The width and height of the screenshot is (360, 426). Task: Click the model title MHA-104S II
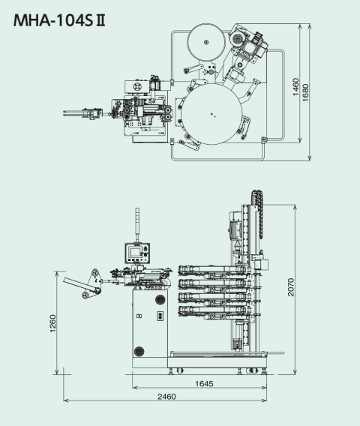pyautogui.click(x=59, y=21)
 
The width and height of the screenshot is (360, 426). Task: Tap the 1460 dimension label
pyautogui.click(x=296, y=87)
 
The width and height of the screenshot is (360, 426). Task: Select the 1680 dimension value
pyautogui.click(x=306, y=93)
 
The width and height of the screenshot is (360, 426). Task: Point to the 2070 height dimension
pyautogui.click(x=291, y=287)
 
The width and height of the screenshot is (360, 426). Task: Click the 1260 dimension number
pyautogui.click(x=52, y=323)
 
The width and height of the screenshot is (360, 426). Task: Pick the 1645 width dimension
pyautogui.click(x=204, y=383)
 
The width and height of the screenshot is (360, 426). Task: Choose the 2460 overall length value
pyautogui.click(x=166, y=397)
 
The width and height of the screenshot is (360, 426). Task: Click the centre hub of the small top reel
pyautogui.click(x=206, y=42)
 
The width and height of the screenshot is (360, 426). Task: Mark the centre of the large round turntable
pyautogui.click(x=211, y=114)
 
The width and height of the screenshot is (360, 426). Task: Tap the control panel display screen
pyautogui.click(x=135, y=253)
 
